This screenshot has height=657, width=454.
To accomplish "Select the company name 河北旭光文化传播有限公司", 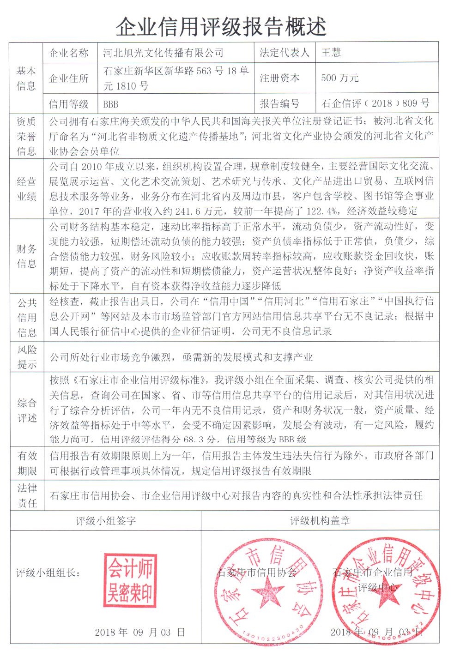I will [163, 53].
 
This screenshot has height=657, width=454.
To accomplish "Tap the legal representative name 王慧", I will [331, 53].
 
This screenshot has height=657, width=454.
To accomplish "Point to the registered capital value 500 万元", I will [340, 78].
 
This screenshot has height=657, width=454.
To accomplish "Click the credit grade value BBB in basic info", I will [110, 104].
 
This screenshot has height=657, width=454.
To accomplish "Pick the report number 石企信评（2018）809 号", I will [375, 103].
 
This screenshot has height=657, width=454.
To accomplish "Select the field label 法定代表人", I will [284, 53].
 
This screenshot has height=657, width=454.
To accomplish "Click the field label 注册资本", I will [279, 78].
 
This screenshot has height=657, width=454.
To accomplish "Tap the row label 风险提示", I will [27, 357].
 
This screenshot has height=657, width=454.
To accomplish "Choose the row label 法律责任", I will [27, 495].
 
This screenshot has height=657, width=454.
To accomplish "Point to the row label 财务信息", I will [27, 256].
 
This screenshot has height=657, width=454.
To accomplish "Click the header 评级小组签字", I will [106, 521].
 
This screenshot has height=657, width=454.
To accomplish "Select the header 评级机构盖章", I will [320, 521].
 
